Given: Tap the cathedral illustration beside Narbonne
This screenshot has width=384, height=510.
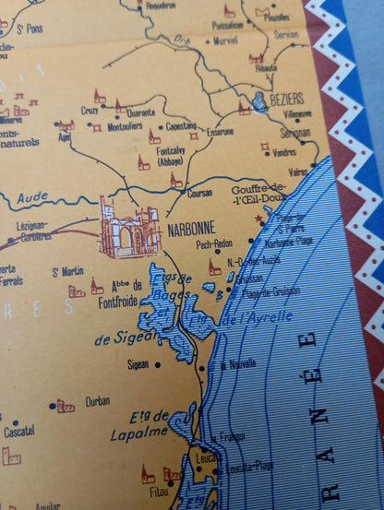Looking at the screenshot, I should [x=129, y=228].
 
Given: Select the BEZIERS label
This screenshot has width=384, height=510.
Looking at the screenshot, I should [x=287, y=98].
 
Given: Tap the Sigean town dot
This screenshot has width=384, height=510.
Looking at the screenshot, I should [x=157, y=364].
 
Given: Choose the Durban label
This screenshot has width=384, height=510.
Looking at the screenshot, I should [x=97, y=401].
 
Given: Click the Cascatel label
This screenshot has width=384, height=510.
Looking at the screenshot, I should [x=18, y=431].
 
